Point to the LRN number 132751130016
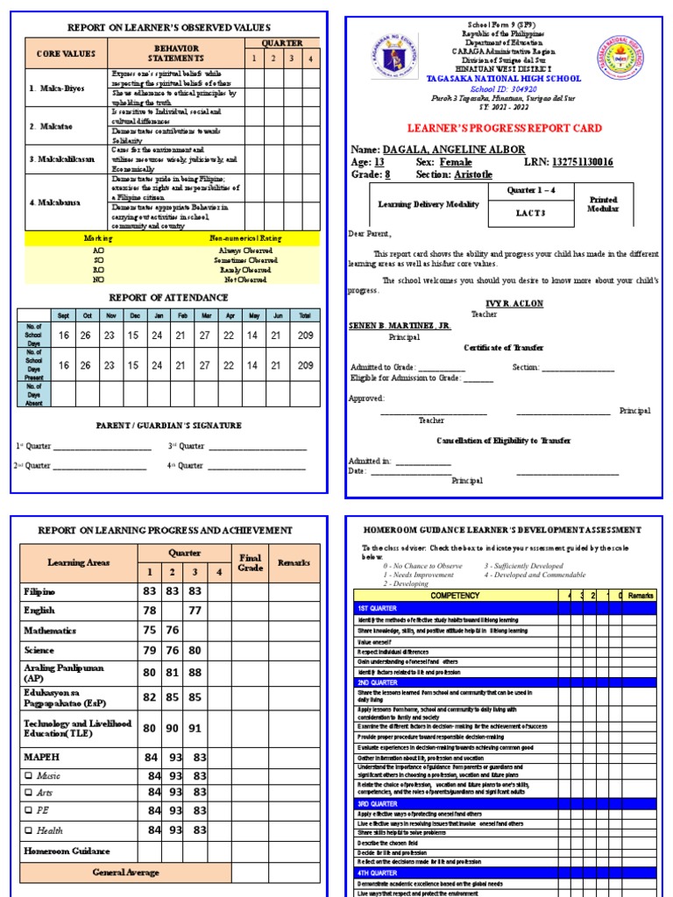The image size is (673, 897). click(583, 162)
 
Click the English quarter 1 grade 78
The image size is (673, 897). click(150, 611)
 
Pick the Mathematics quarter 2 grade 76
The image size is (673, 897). click(174, 630)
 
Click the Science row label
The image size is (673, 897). click(39, 651)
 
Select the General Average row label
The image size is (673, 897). click(126, 872)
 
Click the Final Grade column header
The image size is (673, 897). click(250, 562)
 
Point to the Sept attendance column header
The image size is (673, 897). click(63, 315)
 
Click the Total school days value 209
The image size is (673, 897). click(306, 335)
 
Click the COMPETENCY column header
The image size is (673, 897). click(455, 596)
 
